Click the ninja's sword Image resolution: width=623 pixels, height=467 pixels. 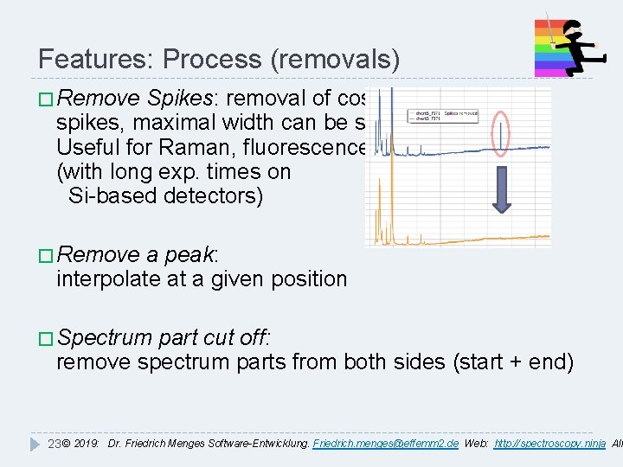545,26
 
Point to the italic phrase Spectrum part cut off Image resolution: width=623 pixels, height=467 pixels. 164,336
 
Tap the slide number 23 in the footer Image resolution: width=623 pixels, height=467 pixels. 53,444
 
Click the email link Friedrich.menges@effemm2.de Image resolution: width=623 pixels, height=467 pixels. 385,444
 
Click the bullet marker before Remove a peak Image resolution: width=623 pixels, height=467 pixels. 46,254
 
